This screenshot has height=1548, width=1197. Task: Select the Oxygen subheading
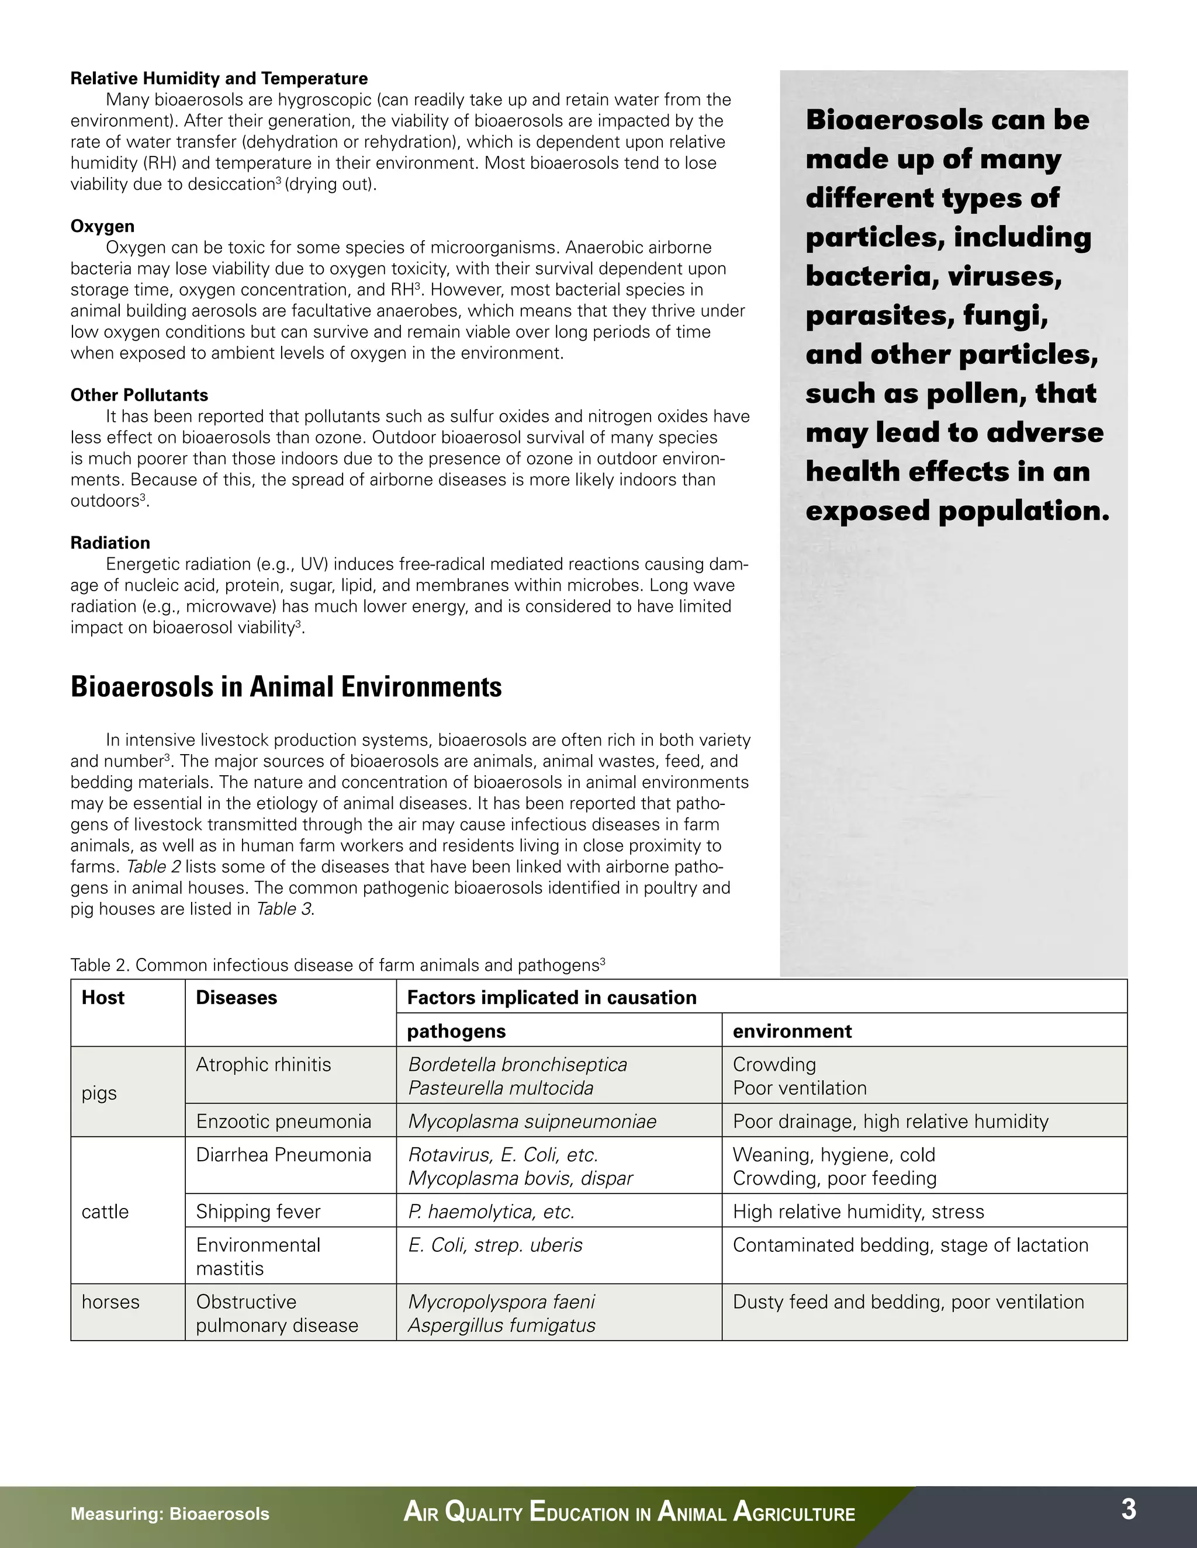[102, 226]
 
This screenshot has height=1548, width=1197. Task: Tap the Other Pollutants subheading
[139, 395]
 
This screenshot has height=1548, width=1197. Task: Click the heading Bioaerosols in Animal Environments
[286, 687]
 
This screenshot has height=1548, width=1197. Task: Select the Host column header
[103, 997]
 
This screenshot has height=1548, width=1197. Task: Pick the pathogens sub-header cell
[456, 1030]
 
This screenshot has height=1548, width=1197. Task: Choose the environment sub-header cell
[791, 1030]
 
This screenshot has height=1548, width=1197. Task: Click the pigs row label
[99, 1092]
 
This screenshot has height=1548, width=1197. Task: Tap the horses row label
[110, 1301]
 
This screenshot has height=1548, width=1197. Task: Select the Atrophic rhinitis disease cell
[263, 1064]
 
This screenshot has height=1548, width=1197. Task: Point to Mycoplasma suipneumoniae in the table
[532, 1122]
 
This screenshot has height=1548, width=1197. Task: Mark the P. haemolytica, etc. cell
[491, 1212]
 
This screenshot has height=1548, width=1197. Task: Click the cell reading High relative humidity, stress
[858, 1212]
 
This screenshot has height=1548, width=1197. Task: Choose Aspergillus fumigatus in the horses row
[501, 1325]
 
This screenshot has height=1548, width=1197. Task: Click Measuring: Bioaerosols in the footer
[169, 1514]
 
